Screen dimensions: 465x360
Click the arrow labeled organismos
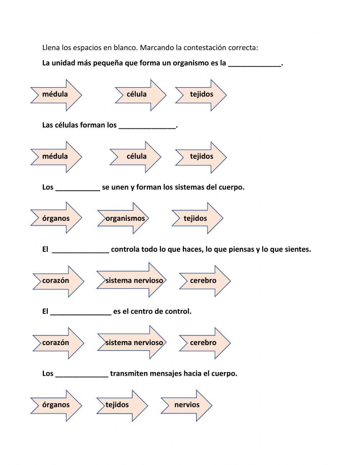[124, 218]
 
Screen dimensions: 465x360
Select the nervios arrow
[186, 405]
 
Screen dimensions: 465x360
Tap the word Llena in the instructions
[51, 48]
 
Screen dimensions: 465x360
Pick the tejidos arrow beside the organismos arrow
[196, 218]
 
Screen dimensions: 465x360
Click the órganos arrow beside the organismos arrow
[56, 218]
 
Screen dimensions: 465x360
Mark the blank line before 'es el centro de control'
[81, 312]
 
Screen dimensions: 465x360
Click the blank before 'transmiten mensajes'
[82, 375]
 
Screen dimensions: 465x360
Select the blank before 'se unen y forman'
[77, 188]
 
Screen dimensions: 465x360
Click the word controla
[125, 249]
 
